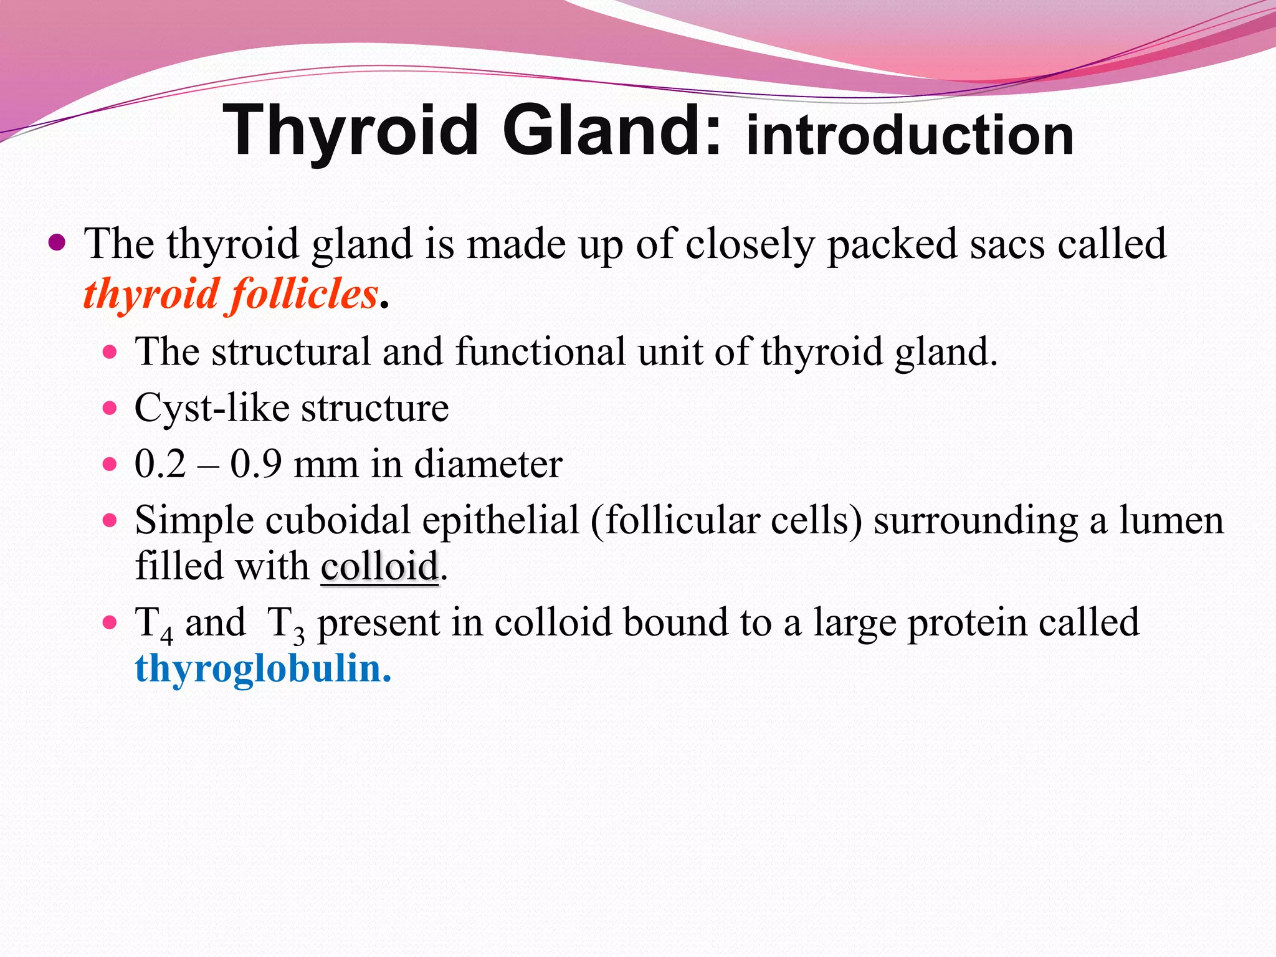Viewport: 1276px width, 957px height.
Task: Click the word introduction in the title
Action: tap(910, 135)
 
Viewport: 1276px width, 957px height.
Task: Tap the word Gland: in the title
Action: tap(612, 131)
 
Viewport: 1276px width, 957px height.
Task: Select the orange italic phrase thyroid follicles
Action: tap(231, 294)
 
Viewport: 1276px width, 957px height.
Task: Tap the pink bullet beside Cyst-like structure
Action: tap(110, 409)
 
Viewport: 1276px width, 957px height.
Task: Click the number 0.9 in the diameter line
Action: tap(255, 464)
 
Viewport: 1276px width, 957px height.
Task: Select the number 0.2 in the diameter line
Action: tap(160, 464)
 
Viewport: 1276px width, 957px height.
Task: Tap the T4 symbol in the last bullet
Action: tap(153, 624)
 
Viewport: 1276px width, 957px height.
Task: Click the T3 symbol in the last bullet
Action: tap(285, 624)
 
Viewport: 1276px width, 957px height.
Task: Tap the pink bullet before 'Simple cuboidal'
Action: tap(110, 520)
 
